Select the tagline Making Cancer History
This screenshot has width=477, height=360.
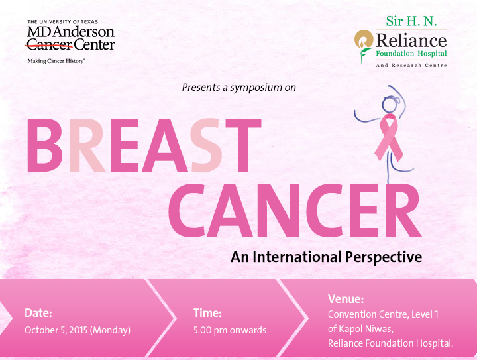pos(56,61)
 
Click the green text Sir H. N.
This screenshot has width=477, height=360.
pos(411,21)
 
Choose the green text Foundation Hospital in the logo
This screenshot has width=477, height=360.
pos(411,54)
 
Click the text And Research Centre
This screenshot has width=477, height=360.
pos(411,65)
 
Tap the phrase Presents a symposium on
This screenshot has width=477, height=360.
pos(238,88)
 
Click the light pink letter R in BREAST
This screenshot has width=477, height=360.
pos(87,145)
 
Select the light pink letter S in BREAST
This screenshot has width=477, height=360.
pos(205,145)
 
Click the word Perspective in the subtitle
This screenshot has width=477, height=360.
pos(384,257)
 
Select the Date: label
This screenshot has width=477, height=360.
pos(38,313)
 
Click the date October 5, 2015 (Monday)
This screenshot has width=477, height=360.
pos(78,330)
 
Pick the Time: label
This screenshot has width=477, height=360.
pos(208,313)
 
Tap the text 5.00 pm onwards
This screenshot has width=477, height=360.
pos(230,330)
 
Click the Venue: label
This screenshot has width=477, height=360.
pos(346,299)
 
